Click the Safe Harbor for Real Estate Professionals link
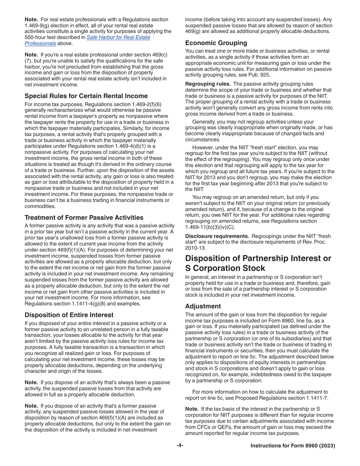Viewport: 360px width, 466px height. (x=118, y=38)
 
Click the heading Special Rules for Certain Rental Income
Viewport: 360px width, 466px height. (x=86, y=96)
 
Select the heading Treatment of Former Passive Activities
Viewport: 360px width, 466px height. (x=84, y=217)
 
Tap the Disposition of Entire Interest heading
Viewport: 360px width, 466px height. (x=69, y=315)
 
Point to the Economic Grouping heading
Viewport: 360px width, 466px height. (x=216, y=43)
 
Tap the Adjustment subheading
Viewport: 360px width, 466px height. (x=203, y=306)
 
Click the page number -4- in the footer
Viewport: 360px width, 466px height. (x=180, y=446)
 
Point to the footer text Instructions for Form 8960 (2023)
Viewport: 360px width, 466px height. (x=293, y=446)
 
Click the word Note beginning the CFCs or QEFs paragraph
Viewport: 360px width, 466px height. (x=191, y=409)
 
